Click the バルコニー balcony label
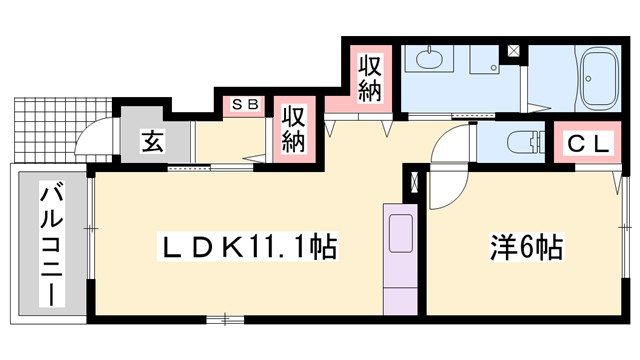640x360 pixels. click(47, 244)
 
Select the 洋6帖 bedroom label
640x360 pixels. click(524, 245)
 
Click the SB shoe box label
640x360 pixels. click(244, 104)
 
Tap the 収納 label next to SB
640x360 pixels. click(292, 129)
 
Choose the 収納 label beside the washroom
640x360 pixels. click(369, 77)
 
